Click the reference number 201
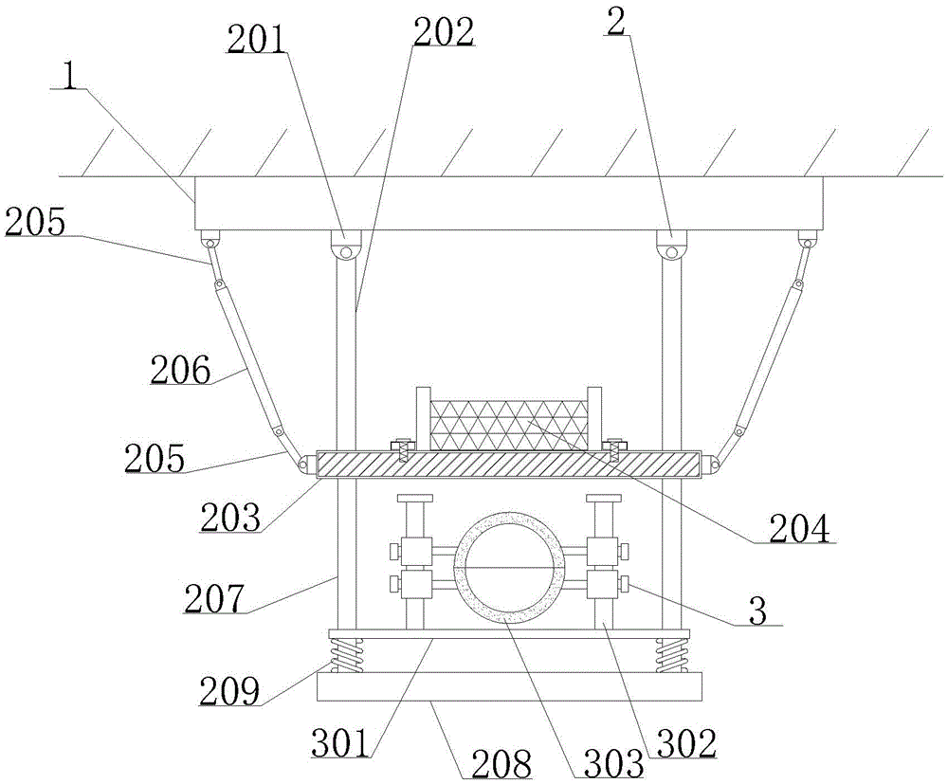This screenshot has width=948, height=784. tap(254, 41)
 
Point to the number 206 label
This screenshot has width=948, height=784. tap(179, 371)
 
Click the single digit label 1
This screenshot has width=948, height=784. tap(69, 77)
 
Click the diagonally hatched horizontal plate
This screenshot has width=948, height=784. tap(512, 464)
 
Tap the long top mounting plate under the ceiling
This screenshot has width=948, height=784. tap(508, 203)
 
